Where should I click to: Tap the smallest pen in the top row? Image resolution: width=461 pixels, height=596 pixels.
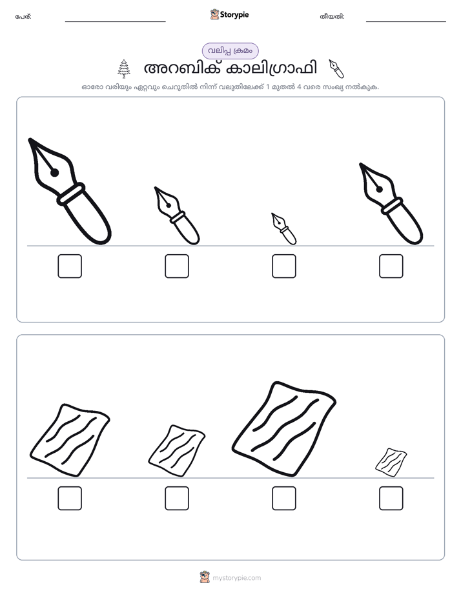pyautogui.click(x=283, y=228)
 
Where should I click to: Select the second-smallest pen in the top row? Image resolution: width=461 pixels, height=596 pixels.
pyautogui.click(x=177, y=215)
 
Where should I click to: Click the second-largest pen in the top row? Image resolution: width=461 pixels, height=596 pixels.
pyautogui.click(x=391, y=204)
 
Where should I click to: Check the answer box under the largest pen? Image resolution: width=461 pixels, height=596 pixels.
pyautogui.click(x=70, y=266)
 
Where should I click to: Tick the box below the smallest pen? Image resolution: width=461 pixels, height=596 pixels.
pyautogui.click(x=284, y=266)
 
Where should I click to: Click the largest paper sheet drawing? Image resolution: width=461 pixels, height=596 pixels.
pyautogui.click(x=283, y=429)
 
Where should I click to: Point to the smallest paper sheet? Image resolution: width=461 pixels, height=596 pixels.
pyautogui.click(x=391, y=462)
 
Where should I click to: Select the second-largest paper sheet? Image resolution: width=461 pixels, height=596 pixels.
pyautogui.click(x=70, y=440)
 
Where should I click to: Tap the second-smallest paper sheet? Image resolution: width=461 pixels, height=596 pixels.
pyautogui.click(x=177, y=451)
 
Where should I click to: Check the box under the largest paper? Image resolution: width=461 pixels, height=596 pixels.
pyautogui.click(x=284, y=499)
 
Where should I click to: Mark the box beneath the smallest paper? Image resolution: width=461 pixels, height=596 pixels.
pyautogui.click(x=391, y=499)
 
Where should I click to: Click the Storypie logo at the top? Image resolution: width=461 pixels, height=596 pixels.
pyautogui.click(x=229, y=15)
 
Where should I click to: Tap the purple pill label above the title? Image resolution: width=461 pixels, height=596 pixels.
pyautogui.click(x=230, y=51)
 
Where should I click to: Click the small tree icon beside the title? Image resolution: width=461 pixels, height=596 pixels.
pyautogui.click(x=123, y=69)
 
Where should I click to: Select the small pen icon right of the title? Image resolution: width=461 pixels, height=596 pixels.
pyautogui.click(x=336, y=69)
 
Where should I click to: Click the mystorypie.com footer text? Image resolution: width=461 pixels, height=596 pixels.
pyautogui.click(x=236, y=578)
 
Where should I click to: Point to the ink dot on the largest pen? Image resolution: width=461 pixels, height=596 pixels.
pyautogui.click(x=54, y=173)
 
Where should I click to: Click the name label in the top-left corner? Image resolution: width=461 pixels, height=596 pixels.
pyautogui.click(x=23, y=17)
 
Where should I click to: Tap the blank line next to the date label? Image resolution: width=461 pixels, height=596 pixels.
pyautogui.click(x=406, y=22)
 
